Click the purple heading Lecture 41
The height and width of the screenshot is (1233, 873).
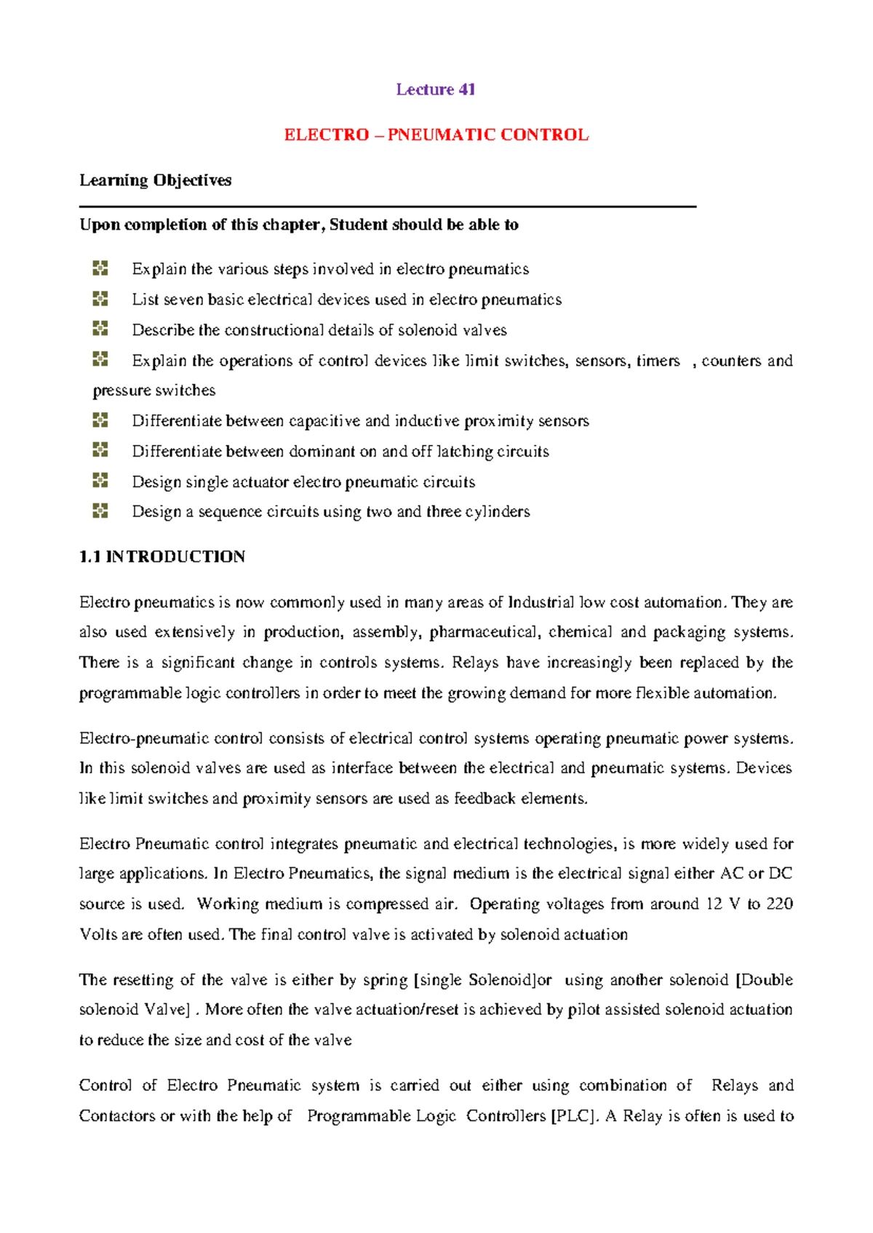click(435, 89)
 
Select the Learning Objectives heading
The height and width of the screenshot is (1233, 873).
click(155, 180)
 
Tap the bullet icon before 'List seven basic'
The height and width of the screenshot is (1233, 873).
click(100, 299)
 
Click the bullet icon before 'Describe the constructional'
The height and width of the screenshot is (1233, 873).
click(100, 329)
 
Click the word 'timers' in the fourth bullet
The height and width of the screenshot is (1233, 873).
click(658, 361)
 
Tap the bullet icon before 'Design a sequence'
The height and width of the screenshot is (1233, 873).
click(100, 511)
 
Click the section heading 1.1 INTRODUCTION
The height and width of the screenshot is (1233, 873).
click(162, 557)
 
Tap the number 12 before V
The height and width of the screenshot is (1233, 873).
click(714, 904)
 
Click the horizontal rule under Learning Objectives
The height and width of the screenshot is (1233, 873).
click(388, 206)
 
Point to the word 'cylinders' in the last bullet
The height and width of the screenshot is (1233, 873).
click(497, 512)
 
